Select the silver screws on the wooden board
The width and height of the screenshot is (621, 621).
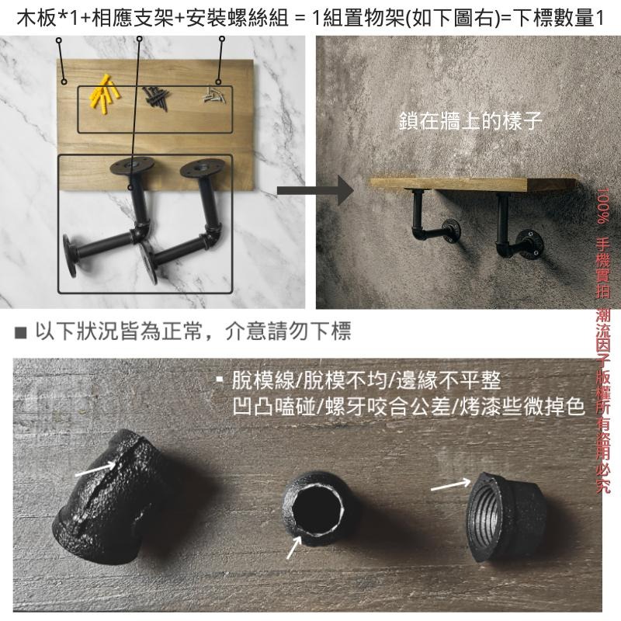[213, 96]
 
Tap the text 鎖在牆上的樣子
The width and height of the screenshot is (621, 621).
[470, 122]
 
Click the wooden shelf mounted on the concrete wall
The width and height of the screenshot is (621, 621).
[474, 184]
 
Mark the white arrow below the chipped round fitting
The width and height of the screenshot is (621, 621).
[293, 547]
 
